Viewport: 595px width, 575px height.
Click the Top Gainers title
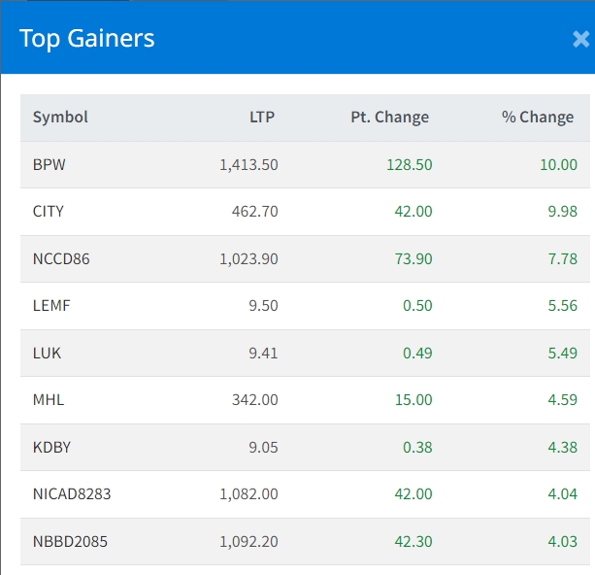tap(87, 39)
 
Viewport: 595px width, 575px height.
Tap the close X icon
tap(580, 39)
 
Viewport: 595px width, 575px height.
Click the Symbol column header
tap(60, 118)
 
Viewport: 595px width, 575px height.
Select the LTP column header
tap(261, 118)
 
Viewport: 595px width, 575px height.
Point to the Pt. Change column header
tap(389, 118)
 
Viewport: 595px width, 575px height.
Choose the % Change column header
tap(538, 118)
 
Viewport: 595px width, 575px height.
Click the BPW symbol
tap(50, 165)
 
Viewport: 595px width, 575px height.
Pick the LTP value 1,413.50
tap(248, 165)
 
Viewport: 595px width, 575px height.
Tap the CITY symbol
tap(49, 212)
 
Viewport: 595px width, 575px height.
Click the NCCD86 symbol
tap(61, 259)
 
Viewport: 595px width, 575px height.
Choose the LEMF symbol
tap(51, 306)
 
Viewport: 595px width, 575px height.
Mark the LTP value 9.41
tap(262, 354)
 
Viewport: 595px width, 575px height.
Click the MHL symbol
tap(49, 400)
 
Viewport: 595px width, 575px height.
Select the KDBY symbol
tap(51, 448)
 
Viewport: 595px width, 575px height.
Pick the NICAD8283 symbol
tap(72, 494)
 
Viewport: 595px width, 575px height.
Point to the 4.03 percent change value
tap(562, 542)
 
